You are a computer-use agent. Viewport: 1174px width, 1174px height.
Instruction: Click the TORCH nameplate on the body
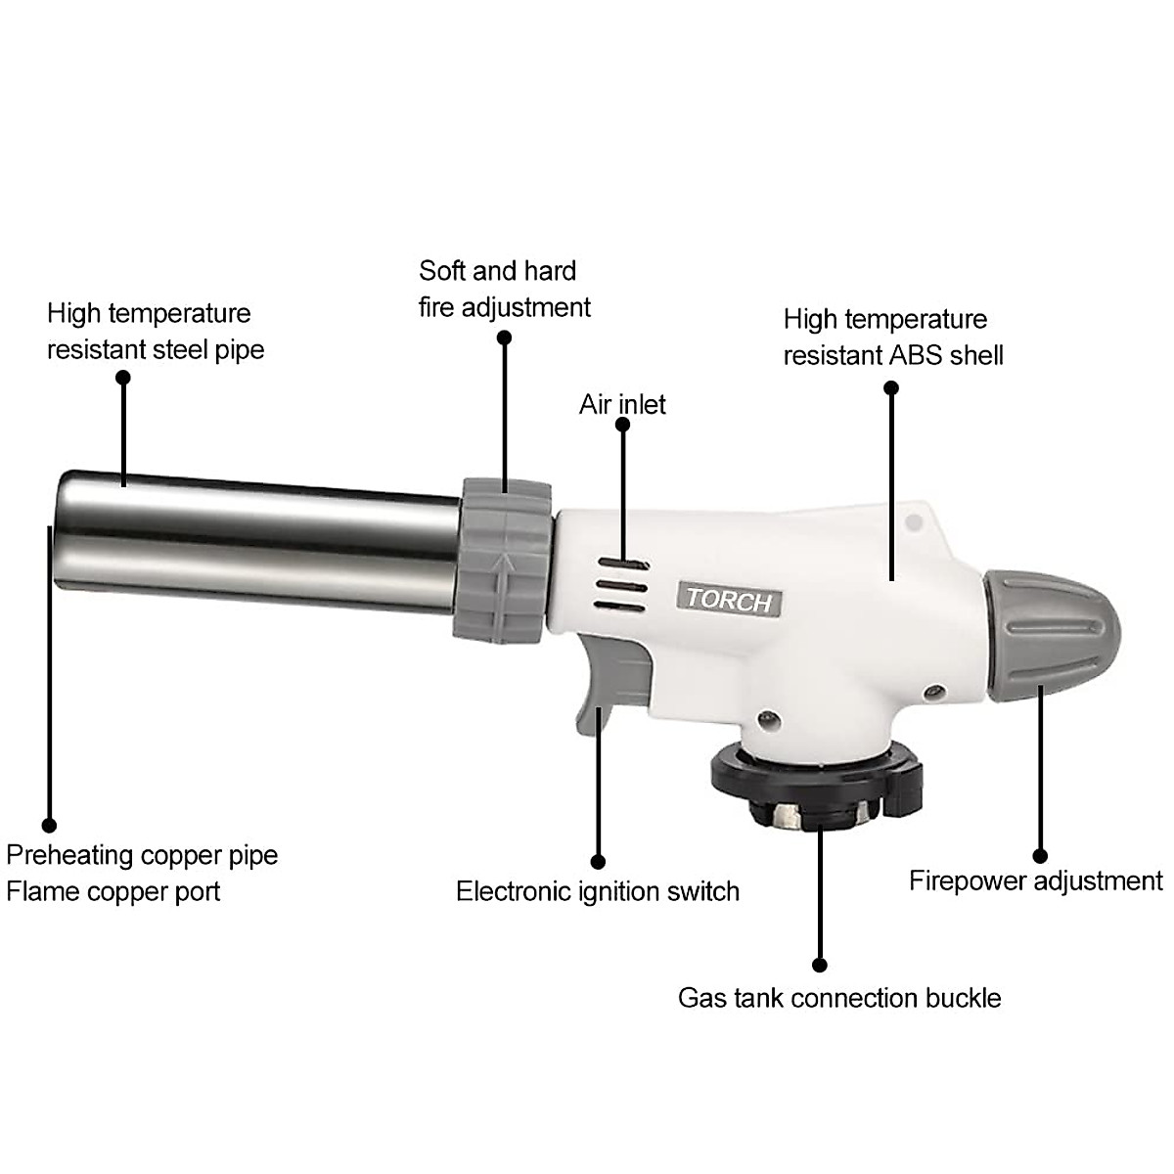(x=730, y=600)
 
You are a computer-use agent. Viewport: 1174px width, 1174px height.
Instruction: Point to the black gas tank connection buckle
(x=816, y=784)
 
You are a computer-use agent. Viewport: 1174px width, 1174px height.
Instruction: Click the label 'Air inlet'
(x=622, y=404)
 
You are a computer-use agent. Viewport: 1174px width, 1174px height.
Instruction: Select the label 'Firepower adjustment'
(x=1036, y=880)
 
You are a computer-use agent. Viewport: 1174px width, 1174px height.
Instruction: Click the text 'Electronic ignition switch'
(x=598, y=891)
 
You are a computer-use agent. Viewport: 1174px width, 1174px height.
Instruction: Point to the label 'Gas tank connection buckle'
(x=839, y=998)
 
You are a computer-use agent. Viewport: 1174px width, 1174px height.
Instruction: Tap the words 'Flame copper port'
(x=113, y=891)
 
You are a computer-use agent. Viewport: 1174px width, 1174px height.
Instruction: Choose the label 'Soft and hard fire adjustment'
(x=504, y=289)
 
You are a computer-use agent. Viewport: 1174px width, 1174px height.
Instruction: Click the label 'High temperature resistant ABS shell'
(x=892, y=337)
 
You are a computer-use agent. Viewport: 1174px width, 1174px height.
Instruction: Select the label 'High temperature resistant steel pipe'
(x=156, y=331)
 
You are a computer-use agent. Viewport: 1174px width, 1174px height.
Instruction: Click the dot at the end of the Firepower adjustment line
(x=1040, y=856)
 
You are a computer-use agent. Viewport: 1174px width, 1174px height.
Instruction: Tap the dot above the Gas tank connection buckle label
(x=820, y=965)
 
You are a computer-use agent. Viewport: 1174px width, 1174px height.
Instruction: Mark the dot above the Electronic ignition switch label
(x=599, y=862)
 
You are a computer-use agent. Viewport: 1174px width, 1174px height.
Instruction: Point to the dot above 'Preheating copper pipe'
(x=49, y=827)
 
